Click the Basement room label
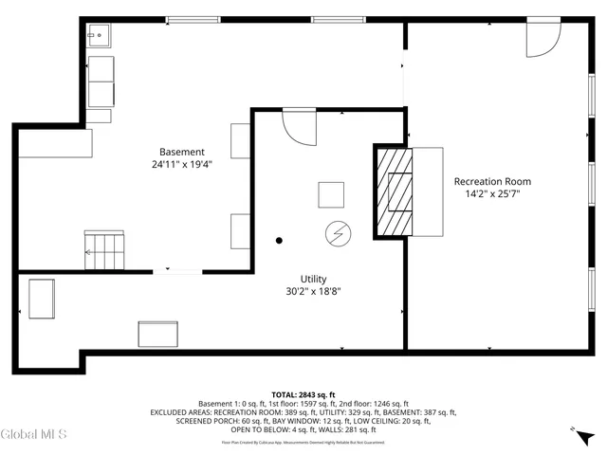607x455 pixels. (181, 152)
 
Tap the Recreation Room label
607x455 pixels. (492, 181)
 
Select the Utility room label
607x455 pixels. (313, 279)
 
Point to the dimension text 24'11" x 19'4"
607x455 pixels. (181, 164)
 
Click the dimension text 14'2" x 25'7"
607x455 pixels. (492, 193)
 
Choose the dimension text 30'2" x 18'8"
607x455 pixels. (313, 291)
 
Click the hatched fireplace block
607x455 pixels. (395, 192)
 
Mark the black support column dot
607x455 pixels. (279, 240)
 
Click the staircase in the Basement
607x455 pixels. (105, 249)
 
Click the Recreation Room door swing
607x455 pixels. (542, 40)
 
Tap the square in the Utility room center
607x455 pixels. (332, 194)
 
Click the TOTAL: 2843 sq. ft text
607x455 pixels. (303, 393)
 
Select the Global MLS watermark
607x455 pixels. (34, 435)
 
